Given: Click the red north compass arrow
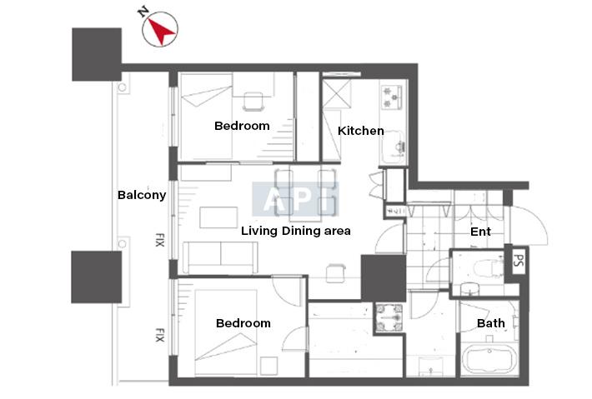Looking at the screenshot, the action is pos(161,31).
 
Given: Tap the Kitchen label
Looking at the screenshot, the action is pos(360,131).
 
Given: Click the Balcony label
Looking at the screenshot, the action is pos(142,195).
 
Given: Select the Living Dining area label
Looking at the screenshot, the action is pos(296,231).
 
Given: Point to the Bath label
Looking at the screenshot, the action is pos(491,323).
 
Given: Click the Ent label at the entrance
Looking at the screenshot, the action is pos(480,232).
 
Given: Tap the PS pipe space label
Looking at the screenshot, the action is pos(519,260).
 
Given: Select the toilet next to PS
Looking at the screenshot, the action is pos(488,268).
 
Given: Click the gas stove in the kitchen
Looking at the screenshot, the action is pos(391,97).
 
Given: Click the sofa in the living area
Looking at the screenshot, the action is pos(220,257).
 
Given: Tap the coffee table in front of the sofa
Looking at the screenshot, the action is pos(218,217).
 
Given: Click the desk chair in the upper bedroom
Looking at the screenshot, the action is pos(253,102).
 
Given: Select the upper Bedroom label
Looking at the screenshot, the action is pos(242,126).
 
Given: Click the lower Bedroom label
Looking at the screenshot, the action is pos(243,323).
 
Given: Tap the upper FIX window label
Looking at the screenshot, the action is pos(160,240).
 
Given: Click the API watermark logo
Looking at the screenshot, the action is pos(296,199).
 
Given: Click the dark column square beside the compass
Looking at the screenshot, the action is pos(97,54).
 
